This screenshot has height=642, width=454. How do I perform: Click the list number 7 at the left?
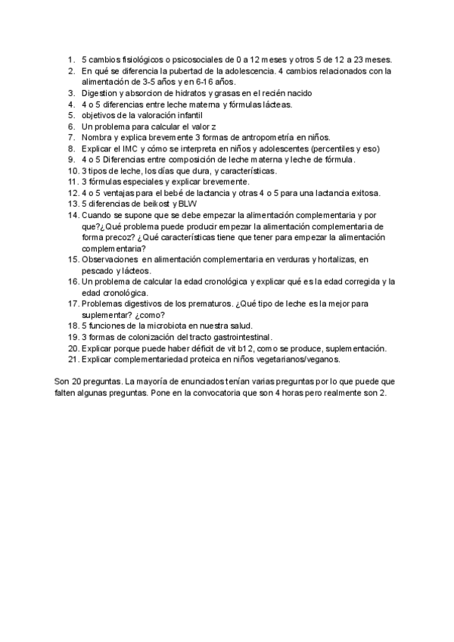coord(71,138)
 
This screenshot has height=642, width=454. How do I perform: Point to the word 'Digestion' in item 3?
coord(101,93)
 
